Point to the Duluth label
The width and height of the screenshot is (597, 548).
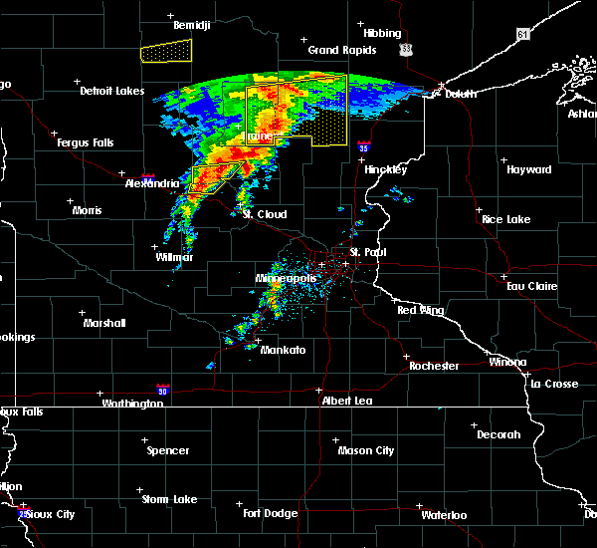coord(461,94)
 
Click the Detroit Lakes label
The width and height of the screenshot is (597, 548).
coord(111,91)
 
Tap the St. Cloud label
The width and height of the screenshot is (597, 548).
coord(265,214)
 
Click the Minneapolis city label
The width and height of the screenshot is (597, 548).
coord(287,278)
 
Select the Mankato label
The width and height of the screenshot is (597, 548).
coord(283,350)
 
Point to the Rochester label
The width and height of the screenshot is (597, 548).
coord(434,366)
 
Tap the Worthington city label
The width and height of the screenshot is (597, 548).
coord(131,404)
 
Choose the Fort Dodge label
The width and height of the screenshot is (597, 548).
coord(271,513)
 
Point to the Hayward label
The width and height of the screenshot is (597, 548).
coord(528,170)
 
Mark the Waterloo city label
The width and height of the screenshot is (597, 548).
coord(443,515)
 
